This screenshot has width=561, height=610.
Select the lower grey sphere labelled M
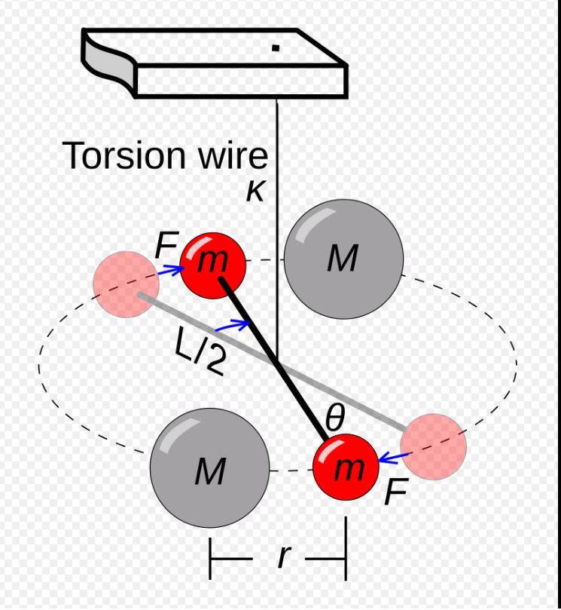[x=210, y=467]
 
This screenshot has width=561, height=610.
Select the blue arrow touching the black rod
[x=231, y=326]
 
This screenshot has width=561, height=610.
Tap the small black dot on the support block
[x=276, y=48]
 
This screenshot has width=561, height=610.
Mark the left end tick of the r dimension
[x=211, y=559]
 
